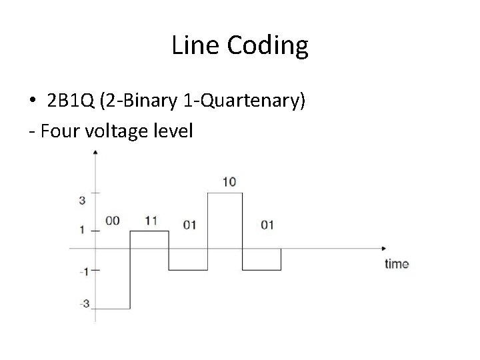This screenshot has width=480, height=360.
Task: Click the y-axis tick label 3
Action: (82, 200)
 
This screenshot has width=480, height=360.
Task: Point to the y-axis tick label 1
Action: (82, 230)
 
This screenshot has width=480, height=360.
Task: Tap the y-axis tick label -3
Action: (83, 304)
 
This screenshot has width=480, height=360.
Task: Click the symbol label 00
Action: (112, 221)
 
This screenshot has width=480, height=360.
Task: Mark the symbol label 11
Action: (150, 220)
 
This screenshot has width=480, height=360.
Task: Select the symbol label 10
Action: (229, 181)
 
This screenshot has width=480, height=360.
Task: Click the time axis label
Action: (397, 264)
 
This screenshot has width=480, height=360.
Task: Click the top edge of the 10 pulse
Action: (225, 193)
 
